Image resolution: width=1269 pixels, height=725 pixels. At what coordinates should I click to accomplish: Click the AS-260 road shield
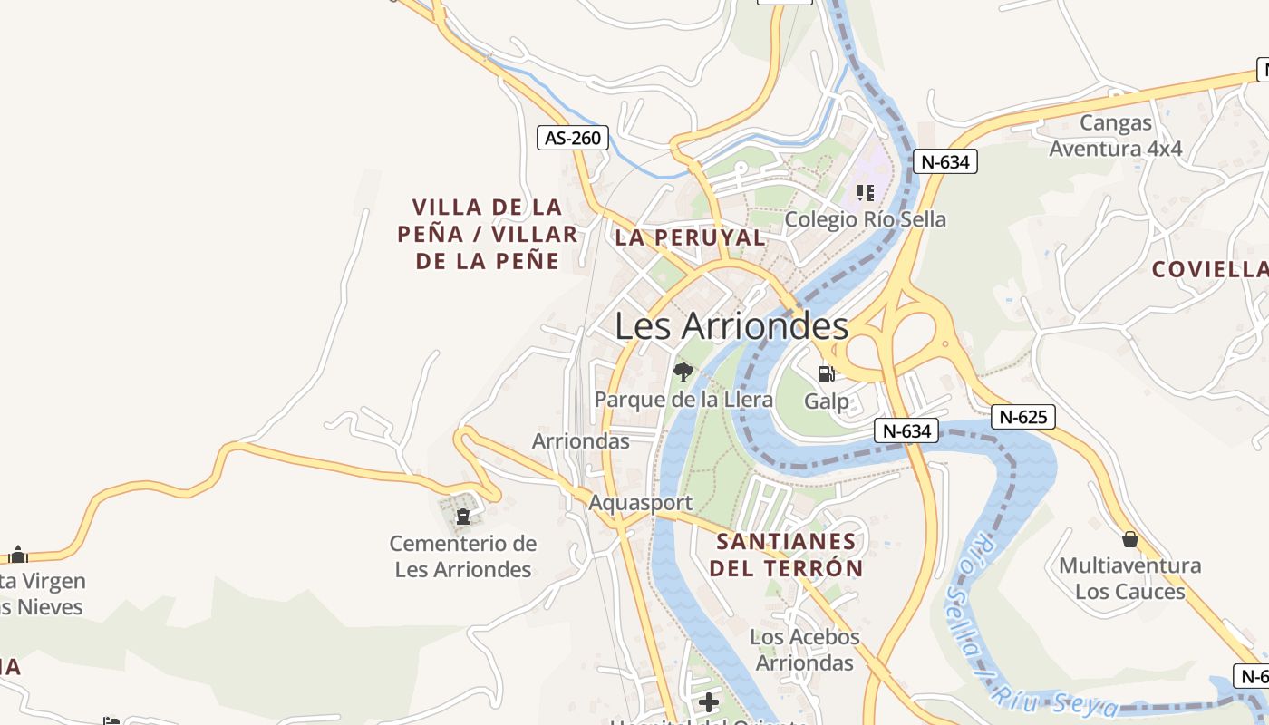pyautogui.click(x=573, y=138)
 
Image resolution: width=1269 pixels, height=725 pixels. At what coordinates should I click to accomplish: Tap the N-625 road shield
pyautogui.click(x=1023, y=417)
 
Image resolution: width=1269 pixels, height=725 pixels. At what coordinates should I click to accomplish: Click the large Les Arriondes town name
pyautogui.click(x=731, y=326)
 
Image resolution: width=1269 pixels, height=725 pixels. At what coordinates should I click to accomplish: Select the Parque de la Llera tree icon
pyautogui.click(x=683, y=371)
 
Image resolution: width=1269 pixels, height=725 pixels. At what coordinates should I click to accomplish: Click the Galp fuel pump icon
pyautogui.click(x=826, y=373)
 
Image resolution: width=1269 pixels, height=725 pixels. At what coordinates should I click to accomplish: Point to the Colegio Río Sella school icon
pyautogui.click(x=866, y=192)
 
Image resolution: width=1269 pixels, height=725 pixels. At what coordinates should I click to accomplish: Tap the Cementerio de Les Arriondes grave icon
pyautogui.click(x=463, y=517)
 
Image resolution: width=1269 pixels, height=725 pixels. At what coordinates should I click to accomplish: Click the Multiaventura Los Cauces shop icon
pyautogui.click(x=1129, y=539)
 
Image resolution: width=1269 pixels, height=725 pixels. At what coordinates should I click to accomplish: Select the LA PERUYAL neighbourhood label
pyautogui.click(x=690, y=238)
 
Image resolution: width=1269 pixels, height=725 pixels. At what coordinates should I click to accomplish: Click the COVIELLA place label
pyautogui.click(x=1209, y=269)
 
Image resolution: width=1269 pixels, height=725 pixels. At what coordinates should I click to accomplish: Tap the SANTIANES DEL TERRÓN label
pyautogui.click(x=786, y=556)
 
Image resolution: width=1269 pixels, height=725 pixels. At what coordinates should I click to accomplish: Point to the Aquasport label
pyautogui.click(x=640, y=503)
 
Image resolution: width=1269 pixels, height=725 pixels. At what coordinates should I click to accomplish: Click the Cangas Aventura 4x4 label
pyautogui.click(x=1116, y=136)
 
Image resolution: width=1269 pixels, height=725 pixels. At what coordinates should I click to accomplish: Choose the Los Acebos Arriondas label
pyautogui.click(x=805, y=650)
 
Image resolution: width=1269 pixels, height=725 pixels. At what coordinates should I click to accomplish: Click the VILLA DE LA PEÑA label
pyautogui.click(x=487, y=234)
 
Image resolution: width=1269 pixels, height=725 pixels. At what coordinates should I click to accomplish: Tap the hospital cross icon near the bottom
pyautogui.click(x=709, y=702)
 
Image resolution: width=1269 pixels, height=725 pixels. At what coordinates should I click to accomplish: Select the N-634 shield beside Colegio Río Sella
pyautogui.click(x=944, y=162)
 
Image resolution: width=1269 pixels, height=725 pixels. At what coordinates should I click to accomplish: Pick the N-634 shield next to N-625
pyautogui.click(x=906, y=431)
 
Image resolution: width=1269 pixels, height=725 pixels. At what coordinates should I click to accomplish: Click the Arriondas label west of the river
pyautogui.click(x=580, y=441)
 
